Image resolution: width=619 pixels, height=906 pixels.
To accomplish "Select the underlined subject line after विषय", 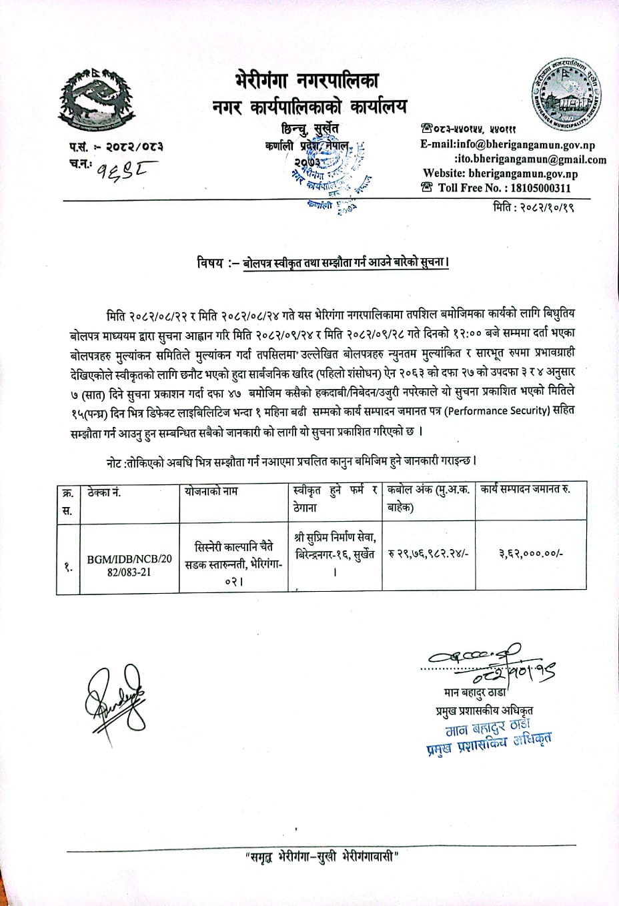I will click(x=346, y=264).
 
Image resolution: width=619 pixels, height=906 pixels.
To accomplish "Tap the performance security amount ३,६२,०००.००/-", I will click(x=531, y=553).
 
